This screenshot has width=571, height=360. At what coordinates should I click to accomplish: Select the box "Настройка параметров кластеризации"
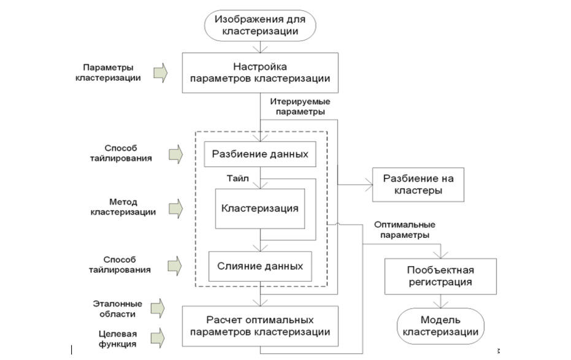click(x=261, y=72)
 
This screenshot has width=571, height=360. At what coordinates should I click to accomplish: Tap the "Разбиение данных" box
click(x=260, y=153)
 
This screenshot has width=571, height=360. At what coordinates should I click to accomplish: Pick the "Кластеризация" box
click(x=260, y=208)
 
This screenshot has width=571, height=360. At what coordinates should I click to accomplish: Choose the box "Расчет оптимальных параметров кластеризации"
click(x=260, y=326)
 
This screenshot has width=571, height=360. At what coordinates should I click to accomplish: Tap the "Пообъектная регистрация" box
click(x=440, y=276)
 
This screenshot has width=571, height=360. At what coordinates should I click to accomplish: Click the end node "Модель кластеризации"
click(x=440, y=326)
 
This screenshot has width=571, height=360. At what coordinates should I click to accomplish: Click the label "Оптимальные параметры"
click(x=404, y=229)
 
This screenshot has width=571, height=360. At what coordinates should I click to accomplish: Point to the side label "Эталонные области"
click(x=118, y=308)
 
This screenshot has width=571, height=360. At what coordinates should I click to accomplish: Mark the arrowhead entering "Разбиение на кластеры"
click(x=369, y=183)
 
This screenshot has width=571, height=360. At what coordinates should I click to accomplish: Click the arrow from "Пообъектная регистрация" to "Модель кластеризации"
click(x=440, y=301)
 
